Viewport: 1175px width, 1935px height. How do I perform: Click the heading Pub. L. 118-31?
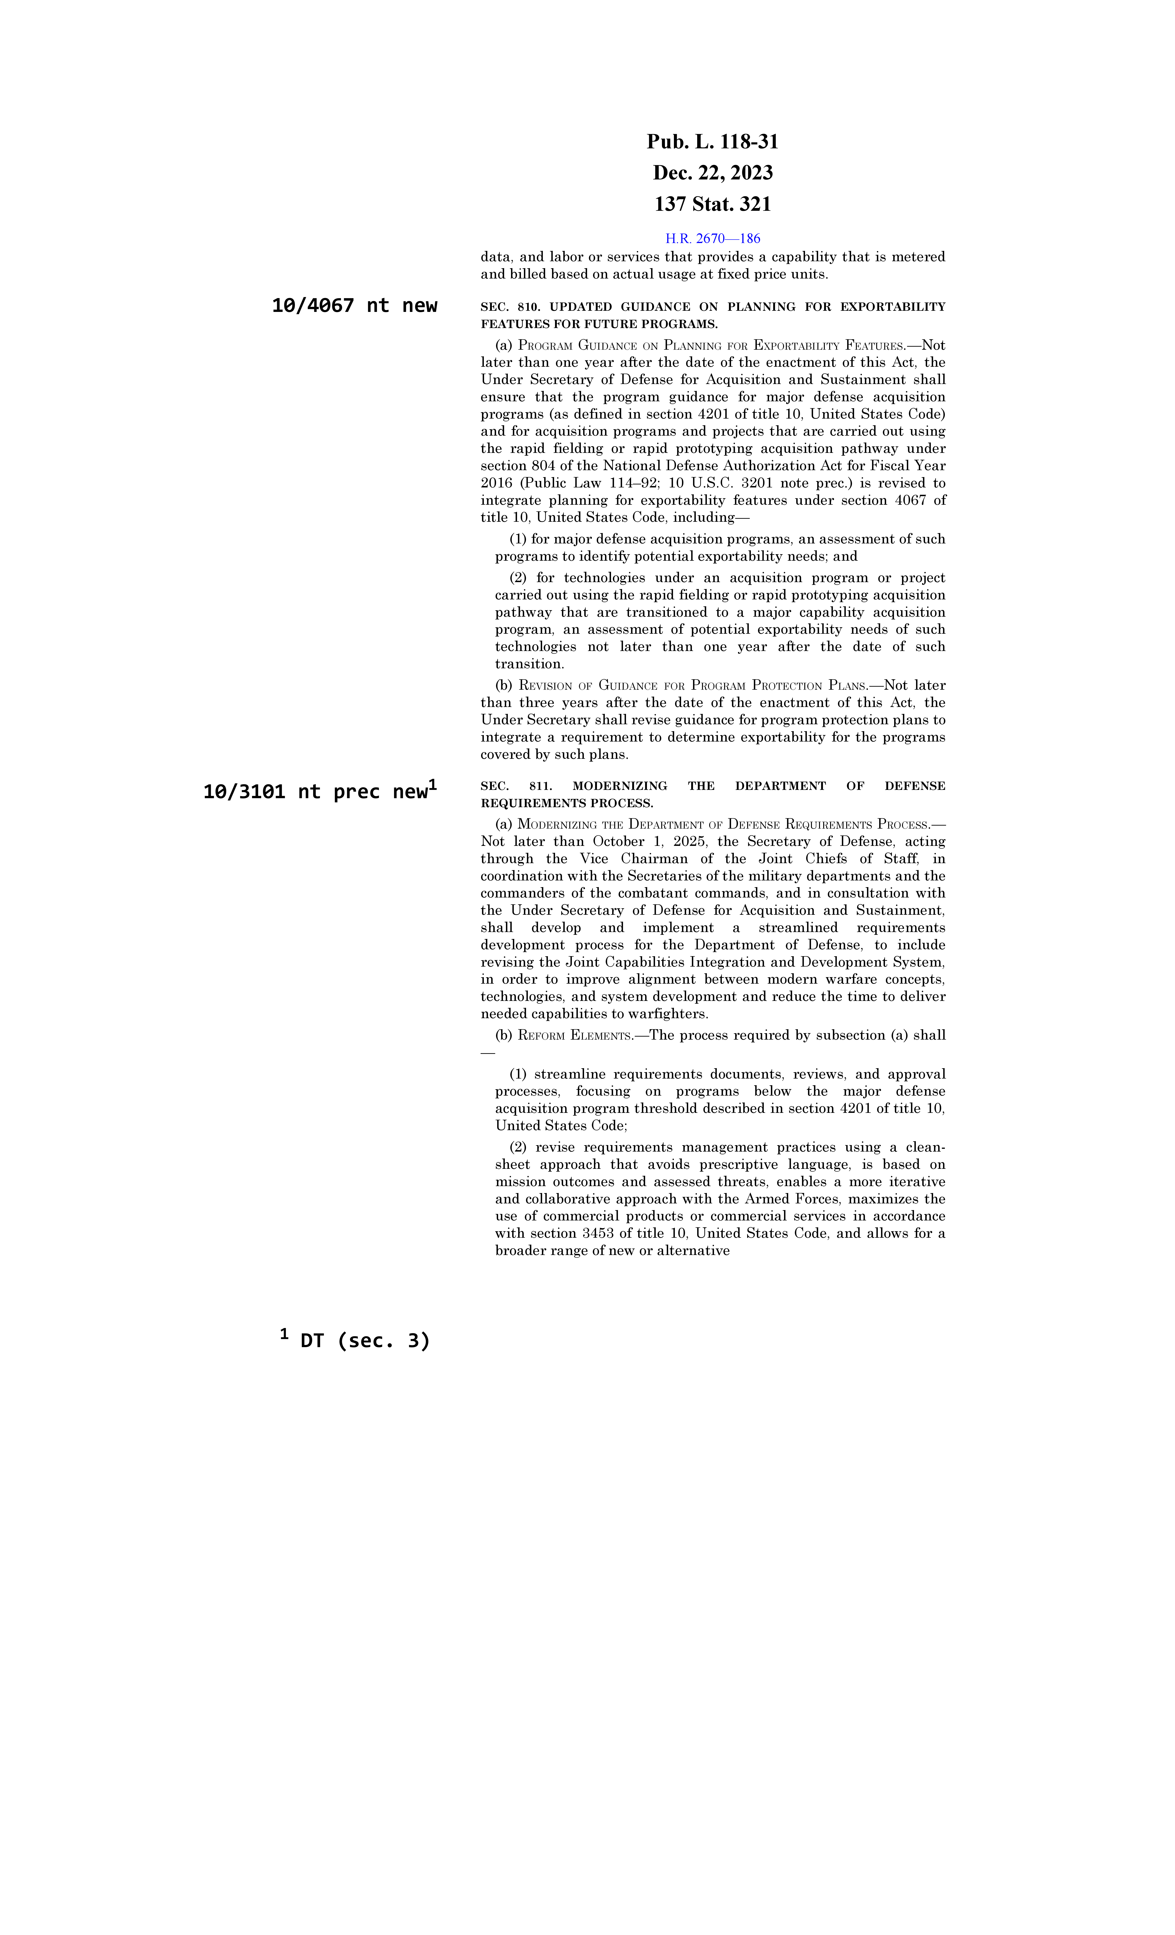coord(712,142)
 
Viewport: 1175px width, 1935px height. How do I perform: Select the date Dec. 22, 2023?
coord(712,173)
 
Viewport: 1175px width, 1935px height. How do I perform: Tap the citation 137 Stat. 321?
coord(712,204)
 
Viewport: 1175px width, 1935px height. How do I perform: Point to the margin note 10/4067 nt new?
coord(354,305)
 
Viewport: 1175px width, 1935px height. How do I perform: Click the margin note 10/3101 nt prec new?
coord(316,792)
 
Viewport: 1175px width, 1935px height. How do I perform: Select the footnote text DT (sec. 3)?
coord(365,1340)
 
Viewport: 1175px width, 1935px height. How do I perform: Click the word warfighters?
coord(668,1014)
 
